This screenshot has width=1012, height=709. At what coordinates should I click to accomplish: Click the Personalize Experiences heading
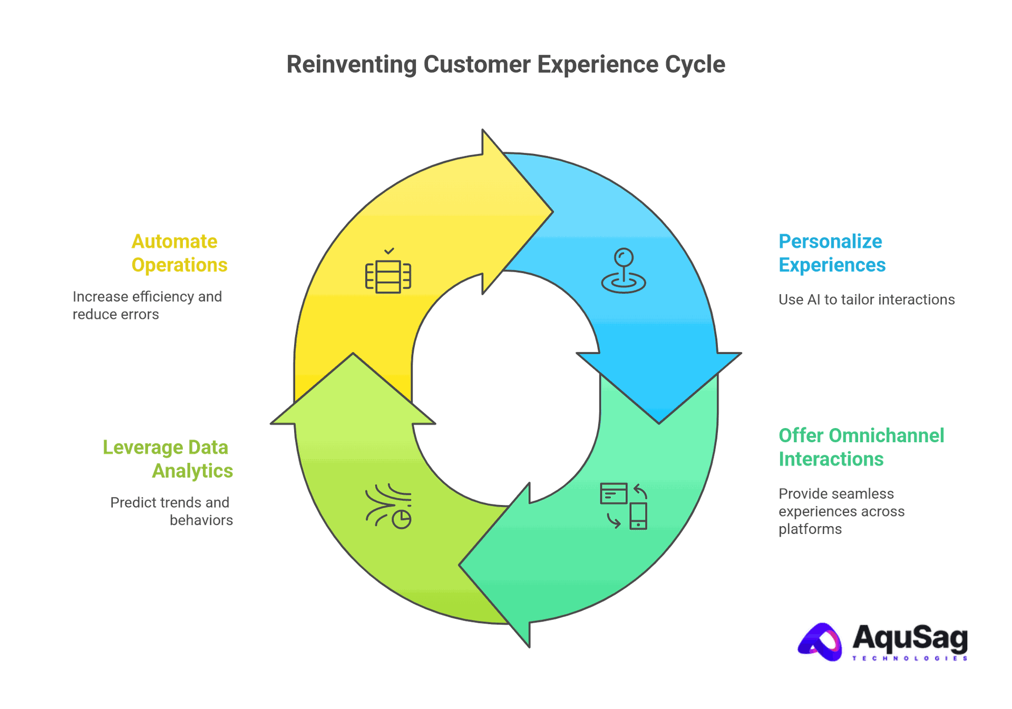[831, 253]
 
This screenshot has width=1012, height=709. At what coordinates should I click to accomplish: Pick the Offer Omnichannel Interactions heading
[861, 447]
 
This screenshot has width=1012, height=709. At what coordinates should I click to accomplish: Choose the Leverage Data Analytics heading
[167, 459]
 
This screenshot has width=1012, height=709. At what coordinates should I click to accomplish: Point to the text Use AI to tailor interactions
[866, 300]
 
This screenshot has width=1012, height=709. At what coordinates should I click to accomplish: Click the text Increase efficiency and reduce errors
[147, 305]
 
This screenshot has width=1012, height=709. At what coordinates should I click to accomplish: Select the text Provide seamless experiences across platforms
[841, 511]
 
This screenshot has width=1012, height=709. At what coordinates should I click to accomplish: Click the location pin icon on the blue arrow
[624, 271]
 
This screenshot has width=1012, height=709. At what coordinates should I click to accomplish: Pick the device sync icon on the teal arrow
[624, 506]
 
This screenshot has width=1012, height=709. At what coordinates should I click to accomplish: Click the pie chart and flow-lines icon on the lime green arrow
[388, 506]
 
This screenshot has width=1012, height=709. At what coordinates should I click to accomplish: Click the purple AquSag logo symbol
[820, 642]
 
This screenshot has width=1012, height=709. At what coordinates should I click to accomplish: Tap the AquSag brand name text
[909, 638]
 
